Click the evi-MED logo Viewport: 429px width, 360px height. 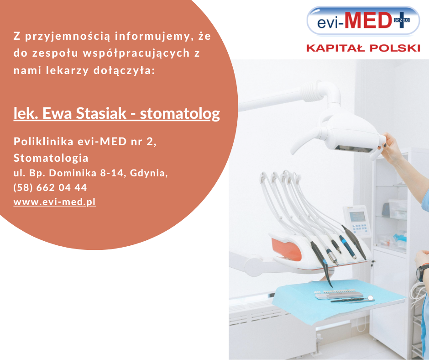click(x=363, y=21)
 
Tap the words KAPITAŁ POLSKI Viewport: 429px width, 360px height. click(x=363, y=48)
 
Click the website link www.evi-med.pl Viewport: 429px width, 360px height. click(x=55, y=202)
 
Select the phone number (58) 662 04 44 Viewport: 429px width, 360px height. click(x=50, y=187)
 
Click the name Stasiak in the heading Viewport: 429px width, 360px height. click(x=101, y=113)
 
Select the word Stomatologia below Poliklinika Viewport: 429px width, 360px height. click(x=51, y=158)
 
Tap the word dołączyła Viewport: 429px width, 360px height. click(x=124, y=70)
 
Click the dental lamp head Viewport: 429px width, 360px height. click(x=352, y=137)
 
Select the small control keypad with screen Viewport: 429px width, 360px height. click(x=356, y=221)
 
